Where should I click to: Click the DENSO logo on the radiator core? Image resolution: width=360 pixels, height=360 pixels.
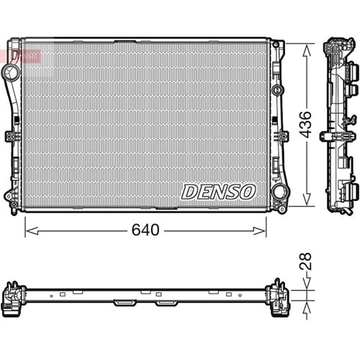pyautogui.click(x=218, y=192)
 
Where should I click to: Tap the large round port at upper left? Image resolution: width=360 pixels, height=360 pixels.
pyautogui.click(x=10, y=73)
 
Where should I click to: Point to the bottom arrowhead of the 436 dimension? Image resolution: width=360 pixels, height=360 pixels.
pyautogui.click(x=307, y=204)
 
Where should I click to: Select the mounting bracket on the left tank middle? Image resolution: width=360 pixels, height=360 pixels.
pyautogui.click(x=11, y=136)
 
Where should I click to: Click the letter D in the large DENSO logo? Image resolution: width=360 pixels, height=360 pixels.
pyautogui.click(x=189, y=192)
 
